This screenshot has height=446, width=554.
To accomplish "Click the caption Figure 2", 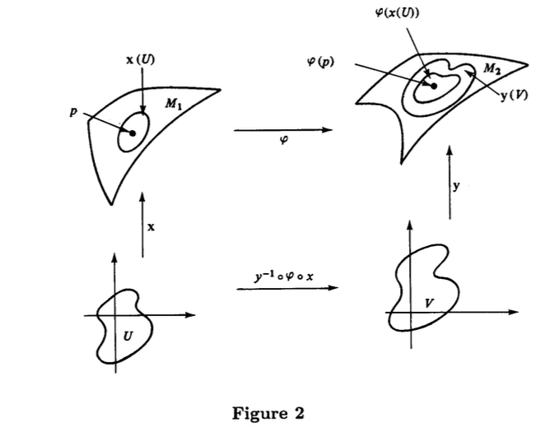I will coord(268,412).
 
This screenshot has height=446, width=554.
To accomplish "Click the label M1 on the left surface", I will coord(174,104).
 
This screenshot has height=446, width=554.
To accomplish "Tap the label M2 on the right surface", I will coord(491,70).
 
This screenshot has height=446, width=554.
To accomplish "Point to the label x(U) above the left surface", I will coord(140,59).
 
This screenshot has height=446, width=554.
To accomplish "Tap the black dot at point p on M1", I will coord(132,132).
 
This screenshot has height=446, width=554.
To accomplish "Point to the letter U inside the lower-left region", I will coord(126,336).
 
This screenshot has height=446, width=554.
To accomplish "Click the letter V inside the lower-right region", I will coord(428,302).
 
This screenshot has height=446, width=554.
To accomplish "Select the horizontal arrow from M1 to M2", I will coord(282,129).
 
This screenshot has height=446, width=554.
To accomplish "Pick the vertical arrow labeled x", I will coord(142,223).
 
